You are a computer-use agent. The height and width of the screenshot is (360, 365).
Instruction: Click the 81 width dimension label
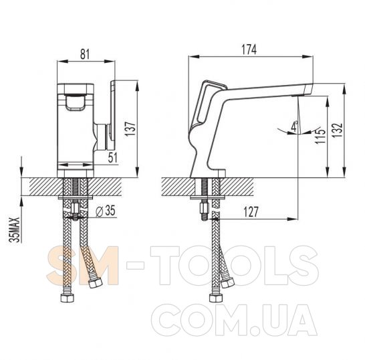(85, 54)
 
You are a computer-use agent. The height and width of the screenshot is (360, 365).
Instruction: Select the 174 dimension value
(249, 50)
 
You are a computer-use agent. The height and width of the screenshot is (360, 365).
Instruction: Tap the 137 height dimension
(130, 129)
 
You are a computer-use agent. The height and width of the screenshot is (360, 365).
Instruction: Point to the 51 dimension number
(113, 157)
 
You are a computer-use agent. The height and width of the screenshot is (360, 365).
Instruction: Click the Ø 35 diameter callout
(106, 211)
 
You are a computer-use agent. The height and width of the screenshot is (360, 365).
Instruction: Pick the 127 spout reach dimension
(251, 212)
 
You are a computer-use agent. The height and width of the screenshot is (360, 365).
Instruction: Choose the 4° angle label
(295, 126)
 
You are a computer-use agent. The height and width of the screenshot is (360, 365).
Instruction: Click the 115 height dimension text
(320, 136)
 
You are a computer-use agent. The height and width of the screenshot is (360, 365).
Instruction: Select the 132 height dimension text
(338, 130)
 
